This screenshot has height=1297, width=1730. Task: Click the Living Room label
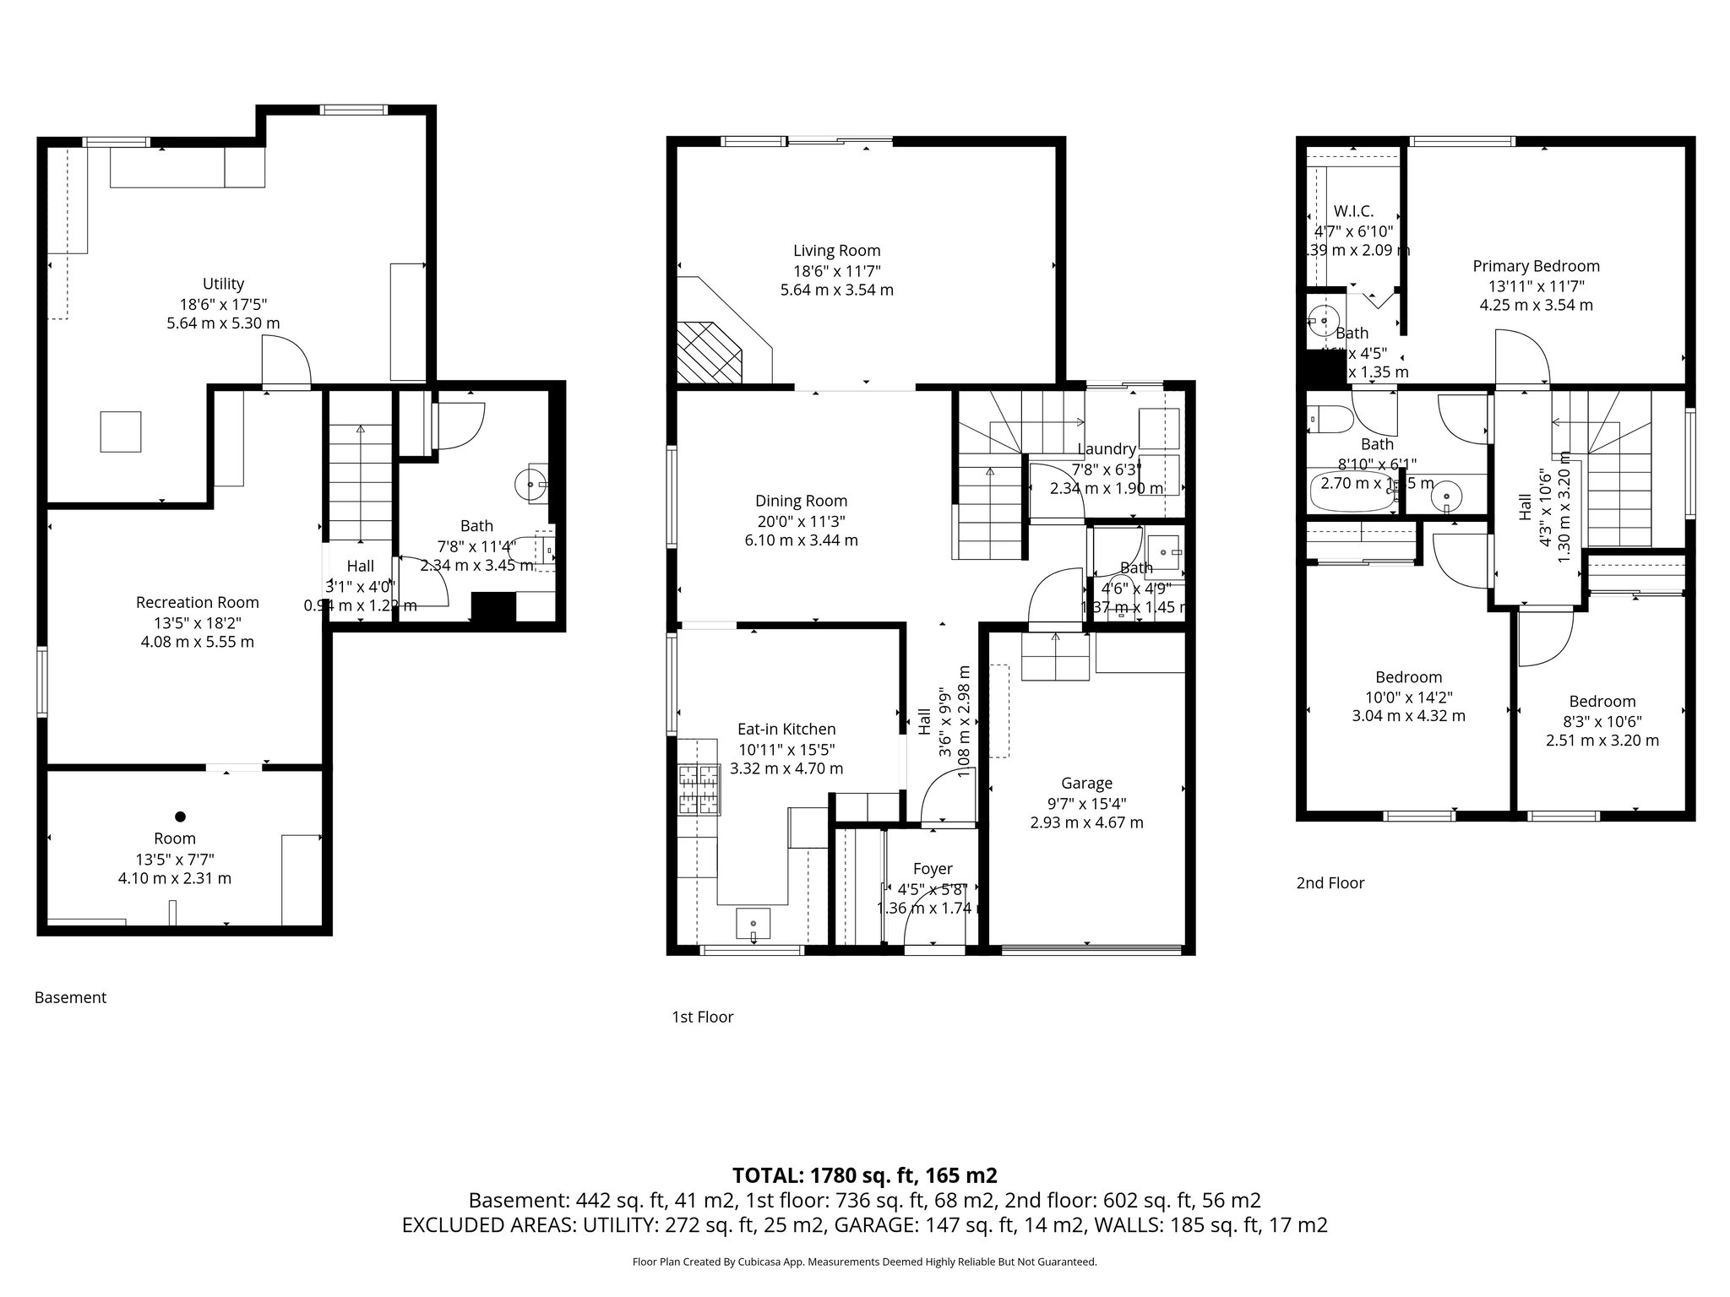point(836,251)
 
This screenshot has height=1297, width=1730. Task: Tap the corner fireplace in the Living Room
point(710,351)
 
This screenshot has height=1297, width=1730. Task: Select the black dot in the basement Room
point(180,817)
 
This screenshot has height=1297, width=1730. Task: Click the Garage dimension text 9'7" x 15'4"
point(1086,803)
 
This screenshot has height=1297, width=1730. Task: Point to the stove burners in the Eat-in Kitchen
point(700,789)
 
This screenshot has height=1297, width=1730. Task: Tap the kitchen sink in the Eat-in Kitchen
point(753,925)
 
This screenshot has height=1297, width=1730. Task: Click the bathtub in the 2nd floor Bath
point(1352,493)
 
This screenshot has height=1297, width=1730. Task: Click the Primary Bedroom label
point(1536,266)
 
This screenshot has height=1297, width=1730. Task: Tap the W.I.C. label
point(1353,211)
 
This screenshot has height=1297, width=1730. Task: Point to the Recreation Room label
point(197,602)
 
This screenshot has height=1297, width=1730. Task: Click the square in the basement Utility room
point(121,431)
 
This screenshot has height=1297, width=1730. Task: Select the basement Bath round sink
point(530,484)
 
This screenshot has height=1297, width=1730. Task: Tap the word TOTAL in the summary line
point(768,1175)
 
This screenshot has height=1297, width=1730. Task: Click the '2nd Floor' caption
point(1330,883)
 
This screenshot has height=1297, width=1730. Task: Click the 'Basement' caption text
point(70,997)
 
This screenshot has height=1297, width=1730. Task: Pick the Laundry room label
point(1106,449)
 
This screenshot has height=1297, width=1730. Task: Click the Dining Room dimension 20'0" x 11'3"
point(801,521)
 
